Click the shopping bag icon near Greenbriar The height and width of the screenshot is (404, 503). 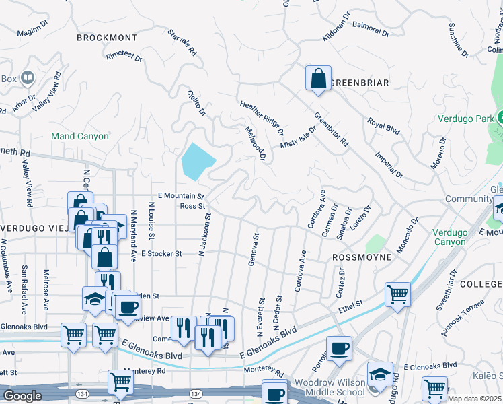coord(318,77)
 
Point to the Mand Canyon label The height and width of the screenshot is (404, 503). coord(80,136)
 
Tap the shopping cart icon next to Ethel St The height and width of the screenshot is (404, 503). coord(397,294)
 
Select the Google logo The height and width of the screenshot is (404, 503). coord(23,396)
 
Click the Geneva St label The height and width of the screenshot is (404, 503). coord(254,250)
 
